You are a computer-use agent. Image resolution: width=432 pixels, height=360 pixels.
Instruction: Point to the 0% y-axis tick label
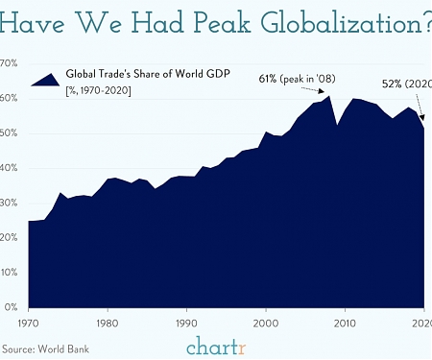[x=11, y=307]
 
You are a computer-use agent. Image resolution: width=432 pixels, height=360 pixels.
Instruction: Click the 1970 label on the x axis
[x=30, y=324]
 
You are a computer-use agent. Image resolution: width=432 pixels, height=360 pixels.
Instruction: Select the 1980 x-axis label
[x=108, y=324]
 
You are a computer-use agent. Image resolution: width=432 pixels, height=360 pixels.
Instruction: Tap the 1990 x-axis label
[x=187, y=324]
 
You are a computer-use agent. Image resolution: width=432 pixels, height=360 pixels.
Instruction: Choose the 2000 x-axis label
[x=266, y=324]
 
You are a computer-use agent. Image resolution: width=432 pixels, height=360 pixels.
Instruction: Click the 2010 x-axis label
[x=345, y=324]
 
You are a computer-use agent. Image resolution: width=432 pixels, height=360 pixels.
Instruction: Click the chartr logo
[x=215, y=346]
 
